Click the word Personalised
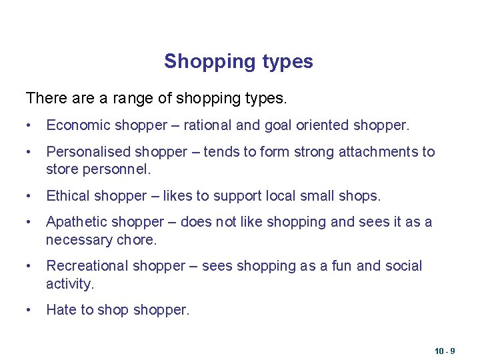[87, 152]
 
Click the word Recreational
[87, 266]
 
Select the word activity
[69, 284]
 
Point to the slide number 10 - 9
[445, 351]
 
